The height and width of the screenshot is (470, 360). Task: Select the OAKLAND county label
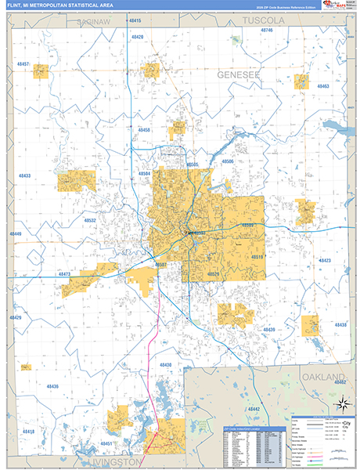click(x=323, y=378)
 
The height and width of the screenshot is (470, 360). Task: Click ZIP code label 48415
click(x=135, y=18)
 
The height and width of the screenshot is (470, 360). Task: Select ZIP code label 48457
click(x=23, y=63)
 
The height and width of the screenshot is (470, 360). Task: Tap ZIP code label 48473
click(x=66, y=274)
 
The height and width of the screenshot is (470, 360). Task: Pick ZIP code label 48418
click(x=28, y=432)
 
